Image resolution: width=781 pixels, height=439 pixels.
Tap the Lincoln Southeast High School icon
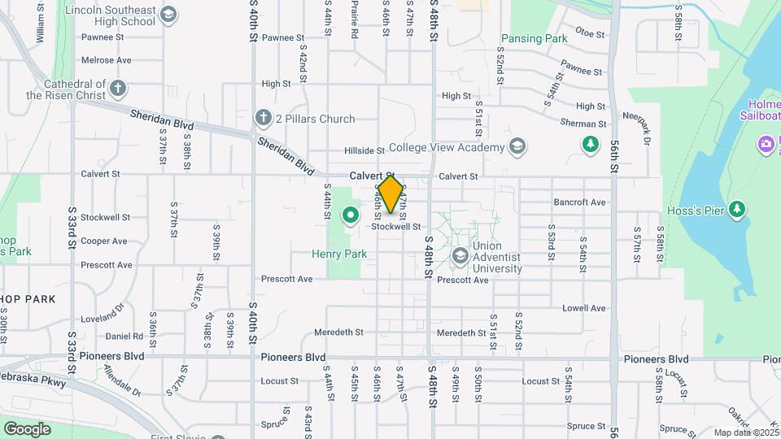coord(168,14)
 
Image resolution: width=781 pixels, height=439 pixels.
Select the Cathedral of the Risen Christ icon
coord(118,87)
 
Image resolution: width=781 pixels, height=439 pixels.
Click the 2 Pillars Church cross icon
coord(263,119)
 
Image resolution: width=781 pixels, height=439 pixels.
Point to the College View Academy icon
coord(516,147)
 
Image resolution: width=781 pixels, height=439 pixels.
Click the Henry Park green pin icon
coord(351,215)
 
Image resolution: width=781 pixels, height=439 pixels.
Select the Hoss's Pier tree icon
coord(737,210)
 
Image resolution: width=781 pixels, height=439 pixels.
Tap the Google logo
coord(27,429)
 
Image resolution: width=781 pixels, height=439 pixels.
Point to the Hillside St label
coord(364,150)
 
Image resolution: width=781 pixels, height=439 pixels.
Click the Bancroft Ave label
coord(580,202)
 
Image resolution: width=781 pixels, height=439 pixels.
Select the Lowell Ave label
coord(584,308)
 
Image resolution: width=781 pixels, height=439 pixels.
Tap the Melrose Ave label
coord(107,60)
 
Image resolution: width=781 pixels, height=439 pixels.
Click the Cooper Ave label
coord(104,241)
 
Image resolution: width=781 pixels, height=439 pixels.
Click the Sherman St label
coord(583,124)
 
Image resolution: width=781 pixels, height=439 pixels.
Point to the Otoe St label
coord(591,34)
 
